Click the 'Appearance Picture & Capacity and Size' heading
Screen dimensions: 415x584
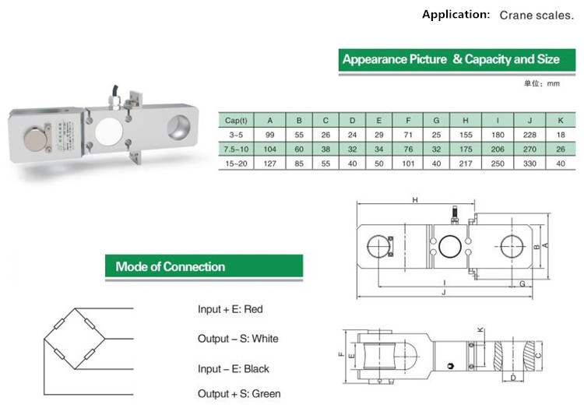[451, 60]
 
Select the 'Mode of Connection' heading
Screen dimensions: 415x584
[171, 266]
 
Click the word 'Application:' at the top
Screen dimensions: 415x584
[456, 15]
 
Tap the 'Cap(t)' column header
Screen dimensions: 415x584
[236, 121]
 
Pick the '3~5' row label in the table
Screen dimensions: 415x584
[236, 135]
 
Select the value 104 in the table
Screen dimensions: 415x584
[270, 149]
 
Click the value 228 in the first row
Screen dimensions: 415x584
[529, 135]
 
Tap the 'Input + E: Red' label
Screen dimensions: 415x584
[230, 309]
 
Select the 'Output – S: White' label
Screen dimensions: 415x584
[237, 339]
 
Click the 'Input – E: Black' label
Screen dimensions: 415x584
[234, 368]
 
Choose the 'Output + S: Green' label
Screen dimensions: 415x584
[239, 394]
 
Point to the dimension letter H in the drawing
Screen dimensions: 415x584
[416, 201]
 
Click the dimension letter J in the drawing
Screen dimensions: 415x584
[443, 293]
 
